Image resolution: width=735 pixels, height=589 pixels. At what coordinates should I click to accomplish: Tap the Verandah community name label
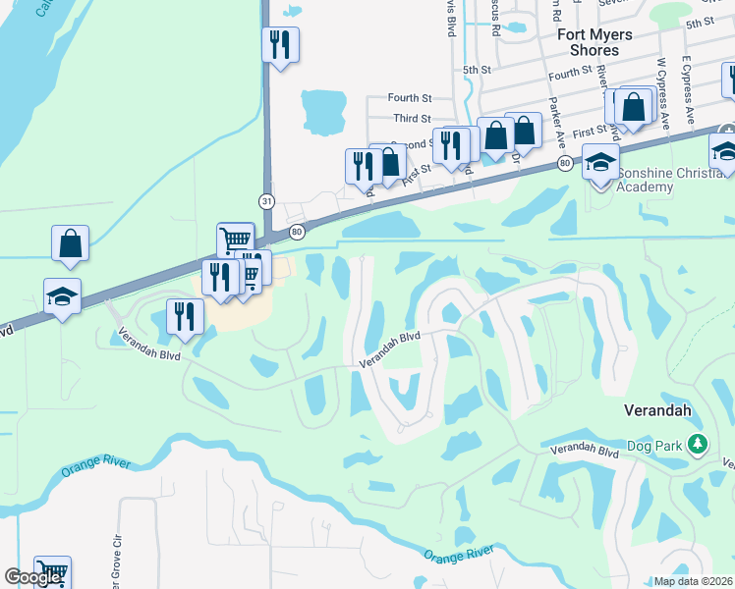[x=658, y=409]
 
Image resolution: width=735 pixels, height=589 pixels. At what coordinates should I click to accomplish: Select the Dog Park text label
[x=655, y=446]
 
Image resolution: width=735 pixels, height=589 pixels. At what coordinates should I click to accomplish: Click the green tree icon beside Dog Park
[x=698, y=445]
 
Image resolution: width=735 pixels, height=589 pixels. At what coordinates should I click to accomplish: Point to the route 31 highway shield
[x=266, y=200]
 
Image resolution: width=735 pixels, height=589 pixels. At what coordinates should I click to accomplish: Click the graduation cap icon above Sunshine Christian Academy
[x=600, y=162]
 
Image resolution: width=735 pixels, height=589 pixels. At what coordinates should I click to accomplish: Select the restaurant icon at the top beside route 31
[x=280, y=44]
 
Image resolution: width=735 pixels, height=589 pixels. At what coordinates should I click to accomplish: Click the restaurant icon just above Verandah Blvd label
[x=185, y=315]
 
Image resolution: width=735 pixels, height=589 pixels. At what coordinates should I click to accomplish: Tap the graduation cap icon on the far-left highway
[x=62, y=296]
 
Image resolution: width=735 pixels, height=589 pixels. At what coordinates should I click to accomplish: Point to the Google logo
[x=32, y=577]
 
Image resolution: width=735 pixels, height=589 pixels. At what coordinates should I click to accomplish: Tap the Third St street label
[x=412, y=118]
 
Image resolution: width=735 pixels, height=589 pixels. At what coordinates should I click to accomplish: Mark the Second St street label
[x=411, y=144]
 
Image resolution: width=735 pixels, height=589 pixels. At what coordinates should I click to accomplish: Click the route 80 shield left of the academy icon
[x=564, y=161]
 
